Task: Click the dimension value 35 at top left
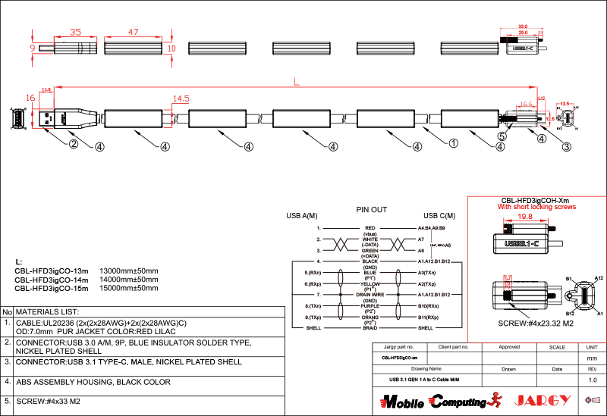(x=75, y=33)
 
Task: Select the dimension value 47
(x=134, y=33)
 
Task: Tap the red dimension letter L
(x=296, y=81)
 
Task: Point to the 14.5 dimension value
(x=181, y=99)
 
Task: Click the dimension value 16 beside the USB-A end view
(x=30, y=99)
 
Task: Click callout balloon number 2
(x=74, y=144)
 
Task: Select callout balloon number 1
(x=454, y=142)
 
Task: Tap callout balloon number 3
(x=566, y=147)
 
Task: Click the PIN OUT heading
(x=372, y=209)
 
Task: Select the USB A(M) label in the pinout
(x=301, y=216)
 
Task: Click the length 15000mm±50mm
(x=129, y=289)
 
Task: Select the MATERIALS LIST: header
(x=48, y=311)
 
